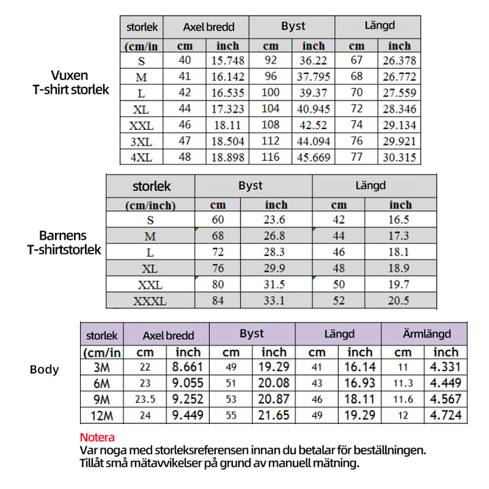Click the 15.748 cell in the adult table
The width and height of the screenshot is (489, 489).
(228, 61)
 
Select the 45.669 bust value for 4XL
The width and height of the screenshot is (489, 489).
(314, 158)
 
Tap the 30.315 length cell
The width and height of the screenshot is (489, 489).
(399, 158)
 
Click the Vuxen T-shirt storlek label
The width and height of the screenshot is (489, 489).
(70, 82)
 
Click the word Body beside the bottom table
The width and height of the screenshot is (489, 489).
(44, 369)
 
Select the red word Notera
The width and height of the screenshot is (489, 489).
(97, 437)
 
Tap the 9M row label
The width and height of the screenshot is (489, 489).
(101, 399)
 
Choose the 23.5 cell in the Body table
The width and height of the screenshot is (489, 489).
(145, 399)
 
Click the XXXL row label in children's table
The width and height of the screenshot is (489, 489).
(150, 301)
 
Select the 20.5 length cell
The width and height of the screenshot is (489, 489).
(399, 301)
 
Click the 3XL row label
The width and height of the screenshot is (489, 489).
(141, 141)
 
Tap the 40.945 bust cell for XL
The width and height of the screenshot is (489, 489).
(314, 109)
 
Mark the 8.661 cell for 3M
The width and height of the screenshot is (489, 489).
(188, 367)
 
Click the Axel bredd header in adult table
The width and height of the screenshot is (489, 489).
(209, 28)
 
